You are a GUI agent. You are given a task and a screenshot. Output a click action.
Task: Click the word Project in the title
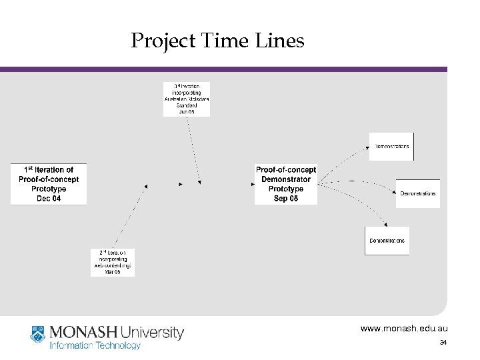tap(161, 41)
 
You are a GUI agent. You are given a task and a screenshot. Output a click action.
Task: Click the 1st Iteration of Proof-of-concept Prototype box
tap(49, 184)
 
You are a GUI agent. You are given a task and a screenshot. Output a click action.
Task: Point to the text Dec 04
tap(49, 198)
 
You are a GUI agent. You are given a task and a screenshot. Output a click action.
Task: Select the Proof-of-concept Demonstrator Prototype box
tap(286, 184)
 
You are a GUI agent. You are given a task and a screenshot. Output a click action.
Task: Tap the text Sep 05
tap(286, 199)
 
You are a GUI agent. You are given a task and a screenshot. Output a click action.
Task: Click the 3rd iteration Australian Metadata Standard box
tap(187, 99)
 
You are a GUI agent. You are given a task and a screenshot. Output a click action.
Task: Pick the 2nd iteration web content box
tap(113, 262)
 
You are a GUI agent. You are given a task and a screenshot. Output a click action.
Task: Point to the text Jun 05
tap(187, 112)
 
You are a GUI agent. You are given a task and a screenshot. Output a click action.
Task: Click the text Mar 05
tap(113, 272)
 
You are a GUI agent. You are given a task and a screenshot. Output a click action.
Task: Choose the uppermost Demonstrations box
tap(392, 146)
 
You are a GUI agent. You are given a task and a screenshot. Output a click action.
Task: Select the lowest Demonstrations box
tap(387, 241)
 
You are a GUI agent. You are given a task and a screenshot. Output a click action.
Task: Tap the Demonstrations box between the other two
tap(418, 193)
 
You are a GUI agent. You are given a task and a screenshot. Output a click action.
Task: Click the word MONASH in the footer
tap(80, 332)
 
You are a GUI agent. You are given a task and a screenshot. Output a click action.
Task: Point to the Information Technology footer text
tap(94, 345)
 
